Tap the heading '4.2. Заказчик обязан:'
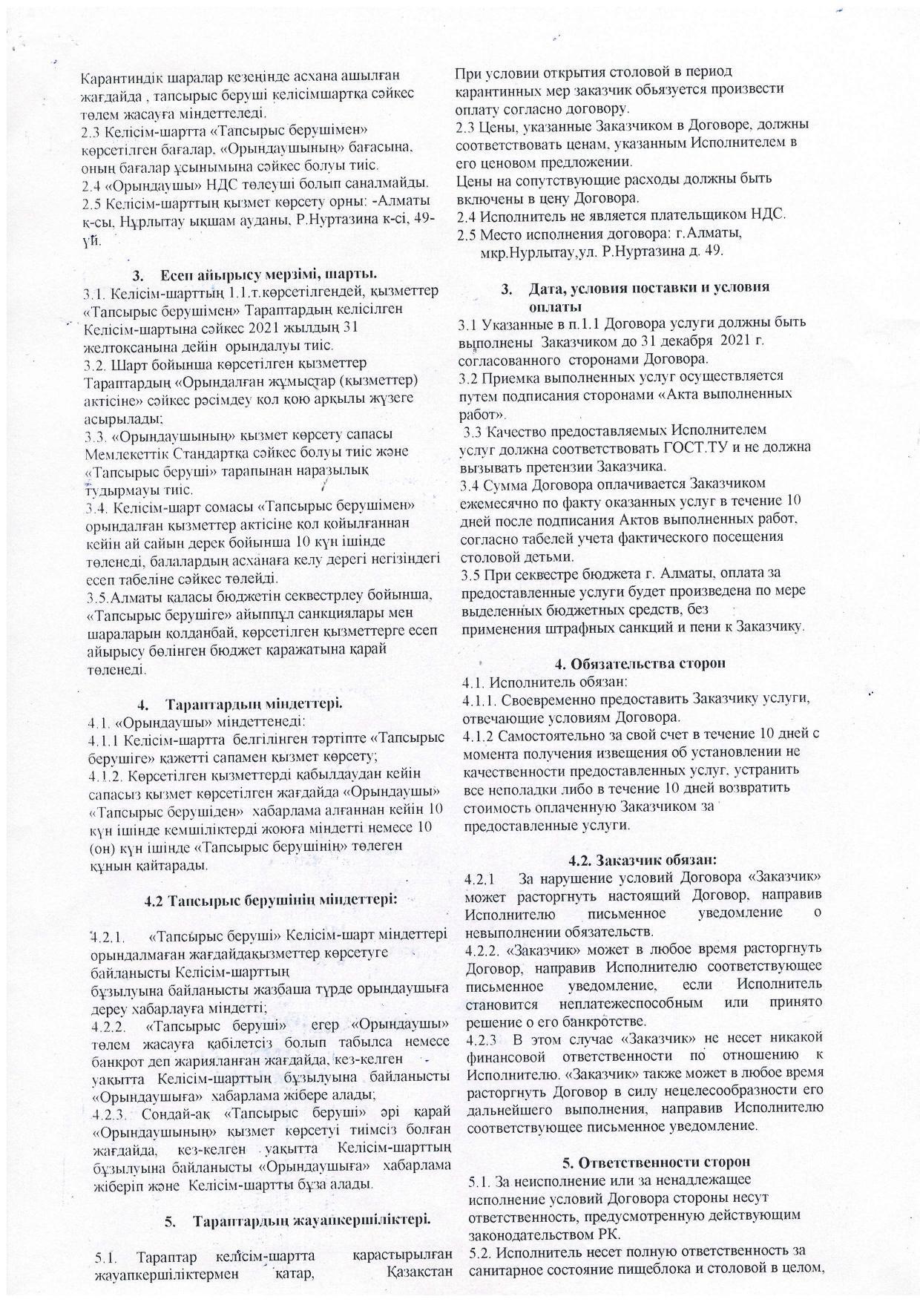(x=642, y=860)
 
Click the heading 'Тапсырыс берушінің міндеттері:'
(x=272, y=901)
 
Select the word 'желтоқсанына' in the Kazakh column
(x=127, y=346)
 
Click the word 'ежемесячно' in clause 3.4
(x=502, y=502)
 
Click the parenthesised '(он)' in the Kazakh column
(x=100, y=846)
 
